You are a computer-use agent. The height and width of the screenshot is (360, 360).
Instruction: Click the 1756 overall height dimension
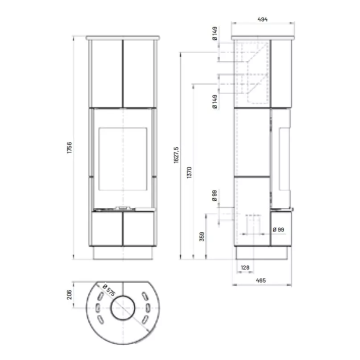click(69, 147)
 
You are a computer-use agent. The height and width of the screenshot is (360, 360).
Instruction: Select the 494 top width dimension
click(262, 19)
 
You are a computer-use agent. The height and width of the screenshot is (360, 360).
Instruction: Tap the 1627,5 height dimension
click(176, 155)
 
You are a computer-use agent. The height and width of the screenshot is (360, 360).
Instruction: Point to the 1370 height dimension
click(189, 172)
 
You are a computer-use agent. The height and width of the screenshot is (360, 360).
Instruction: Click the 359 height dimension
click(202, 236)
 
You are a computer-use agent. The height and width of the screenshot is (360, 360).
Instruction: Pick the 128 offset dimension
click(245, 267)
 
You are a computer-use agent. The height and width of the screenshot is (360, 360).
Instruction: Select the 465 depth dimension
click(261, 280)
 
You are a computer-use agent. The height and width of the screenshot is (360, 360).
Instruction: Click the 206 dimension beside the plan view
click(69, 294)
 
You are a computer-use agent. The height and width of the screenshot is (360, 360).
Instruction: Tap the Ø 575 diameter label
click(108, 290)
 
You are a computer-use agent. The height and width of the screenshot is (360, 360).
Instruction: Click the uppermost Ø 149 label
click(215, 33)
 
